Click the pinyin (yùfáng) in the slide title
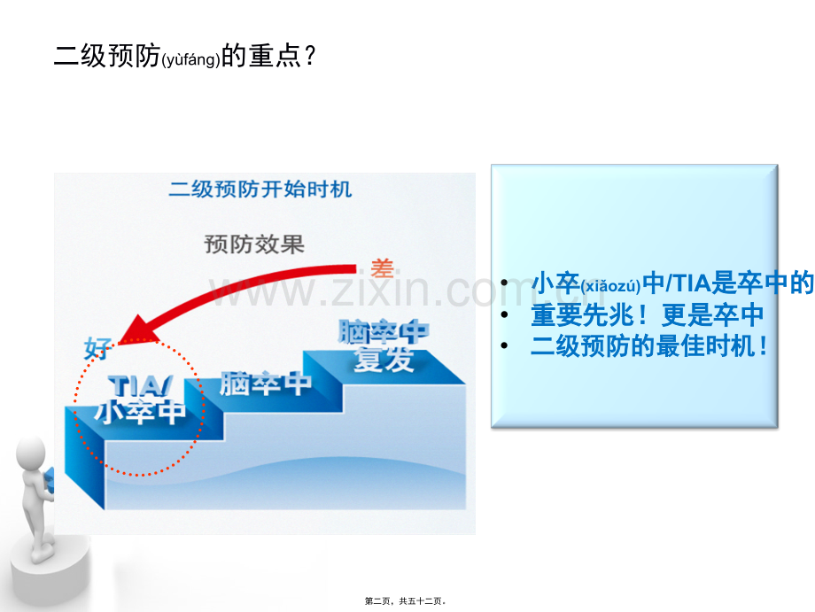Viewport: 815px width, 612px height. [x=191, y=59]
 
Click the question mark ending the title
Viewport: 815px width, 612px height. [x=310, y=56]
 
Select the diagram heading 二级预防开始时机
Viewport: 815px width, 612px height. [x=260, y=190]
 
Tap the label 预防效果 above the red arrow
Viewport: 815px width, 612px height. [x=254, y=244]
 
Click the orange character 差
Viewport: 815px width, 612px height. [x=382, y=269]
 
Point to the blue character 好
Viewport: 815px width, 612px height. [x=97, y=349]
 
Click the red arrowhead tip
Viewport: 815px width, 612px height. [x=120, y=343]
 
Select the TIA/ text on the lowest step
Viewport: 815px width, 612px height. [x=140, y=386]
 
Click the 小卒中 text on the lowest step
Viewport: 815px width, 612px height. [x=140, y=412]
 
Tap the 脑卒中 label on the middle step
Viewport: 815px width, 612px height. [x=265, y=383]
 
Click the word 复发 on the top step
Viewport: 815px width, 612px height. [x=384, y=360]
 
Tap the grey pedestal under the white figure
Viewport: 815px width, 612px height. [x=50, y=569]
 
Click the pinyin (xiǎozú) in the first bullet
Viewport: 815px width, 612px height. [x=610, y=286]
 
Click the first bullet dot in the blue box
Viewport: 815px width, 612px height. [x=504, y=283]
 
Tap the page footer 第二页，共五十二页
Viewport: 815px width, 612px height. [x=405, y=601]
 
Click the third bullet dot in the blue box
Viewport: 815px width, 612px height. [x=504, y=345]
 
